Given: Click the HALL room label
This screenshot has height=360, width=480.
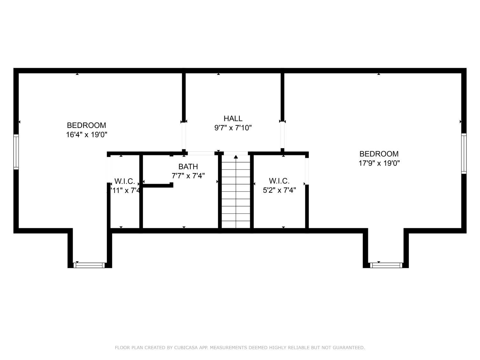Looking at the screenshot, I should coord(233,118).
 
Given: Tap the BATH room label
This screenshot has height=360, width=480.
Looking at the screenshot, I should coord(188,166).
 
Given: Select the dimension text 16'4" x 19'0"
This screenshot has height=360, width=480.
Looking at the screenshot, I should coord(86,135).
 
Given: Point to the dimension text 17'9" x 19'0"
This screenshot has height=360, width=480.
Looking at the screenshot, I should coord(379,163).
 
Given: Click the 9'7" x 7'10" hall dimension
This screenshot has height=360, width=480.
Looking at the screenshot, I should coord(233,128).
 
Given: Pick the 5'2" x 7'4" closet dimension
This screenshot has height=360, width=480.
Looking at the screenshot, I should coord(279,190).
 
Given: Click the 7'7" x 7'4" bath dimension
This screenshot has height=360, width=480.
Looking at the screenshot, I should coord(188,176).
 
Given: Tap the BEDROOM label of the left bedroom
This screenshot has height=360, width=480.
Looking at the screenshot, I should coord(86,125).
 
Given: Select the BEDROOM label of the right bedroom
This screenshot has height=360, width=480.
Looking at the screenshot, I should coord(379,154).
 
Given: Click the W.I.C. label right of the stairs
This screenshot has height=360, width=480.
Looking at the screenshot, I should coord(279,181).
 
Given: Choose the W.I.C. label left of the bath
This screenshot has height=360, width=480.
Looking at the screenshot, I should coord(124,181).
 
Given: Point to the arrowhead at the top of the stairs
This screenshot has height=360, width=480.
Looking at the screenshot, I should coord(236,157).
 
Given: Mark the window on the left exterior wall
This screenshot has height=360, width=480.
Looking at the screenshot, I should coord(16,152).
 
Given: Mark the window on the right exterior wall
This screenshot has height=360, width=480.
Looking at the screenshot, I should coord(464,154).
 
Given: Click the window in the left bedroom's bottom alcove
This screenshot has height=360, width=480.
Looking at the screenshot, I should coord(89,265).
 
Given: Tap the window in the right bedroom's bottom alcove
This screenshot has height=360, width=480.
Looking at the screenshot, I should coord(386,265).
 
